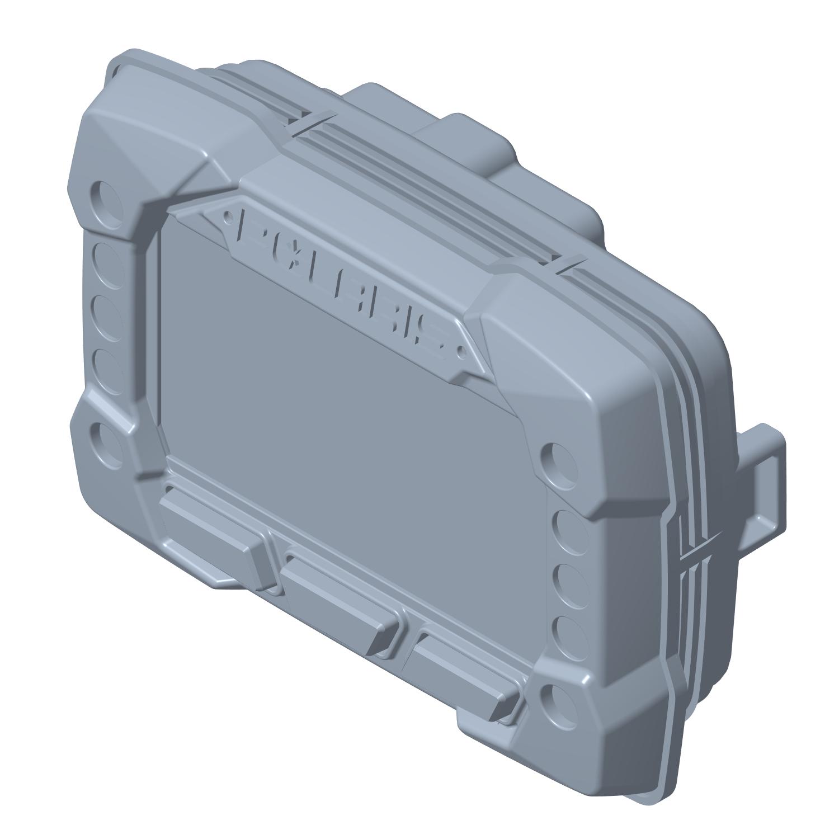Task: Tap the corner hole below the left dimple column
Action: tap(106, 441)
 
